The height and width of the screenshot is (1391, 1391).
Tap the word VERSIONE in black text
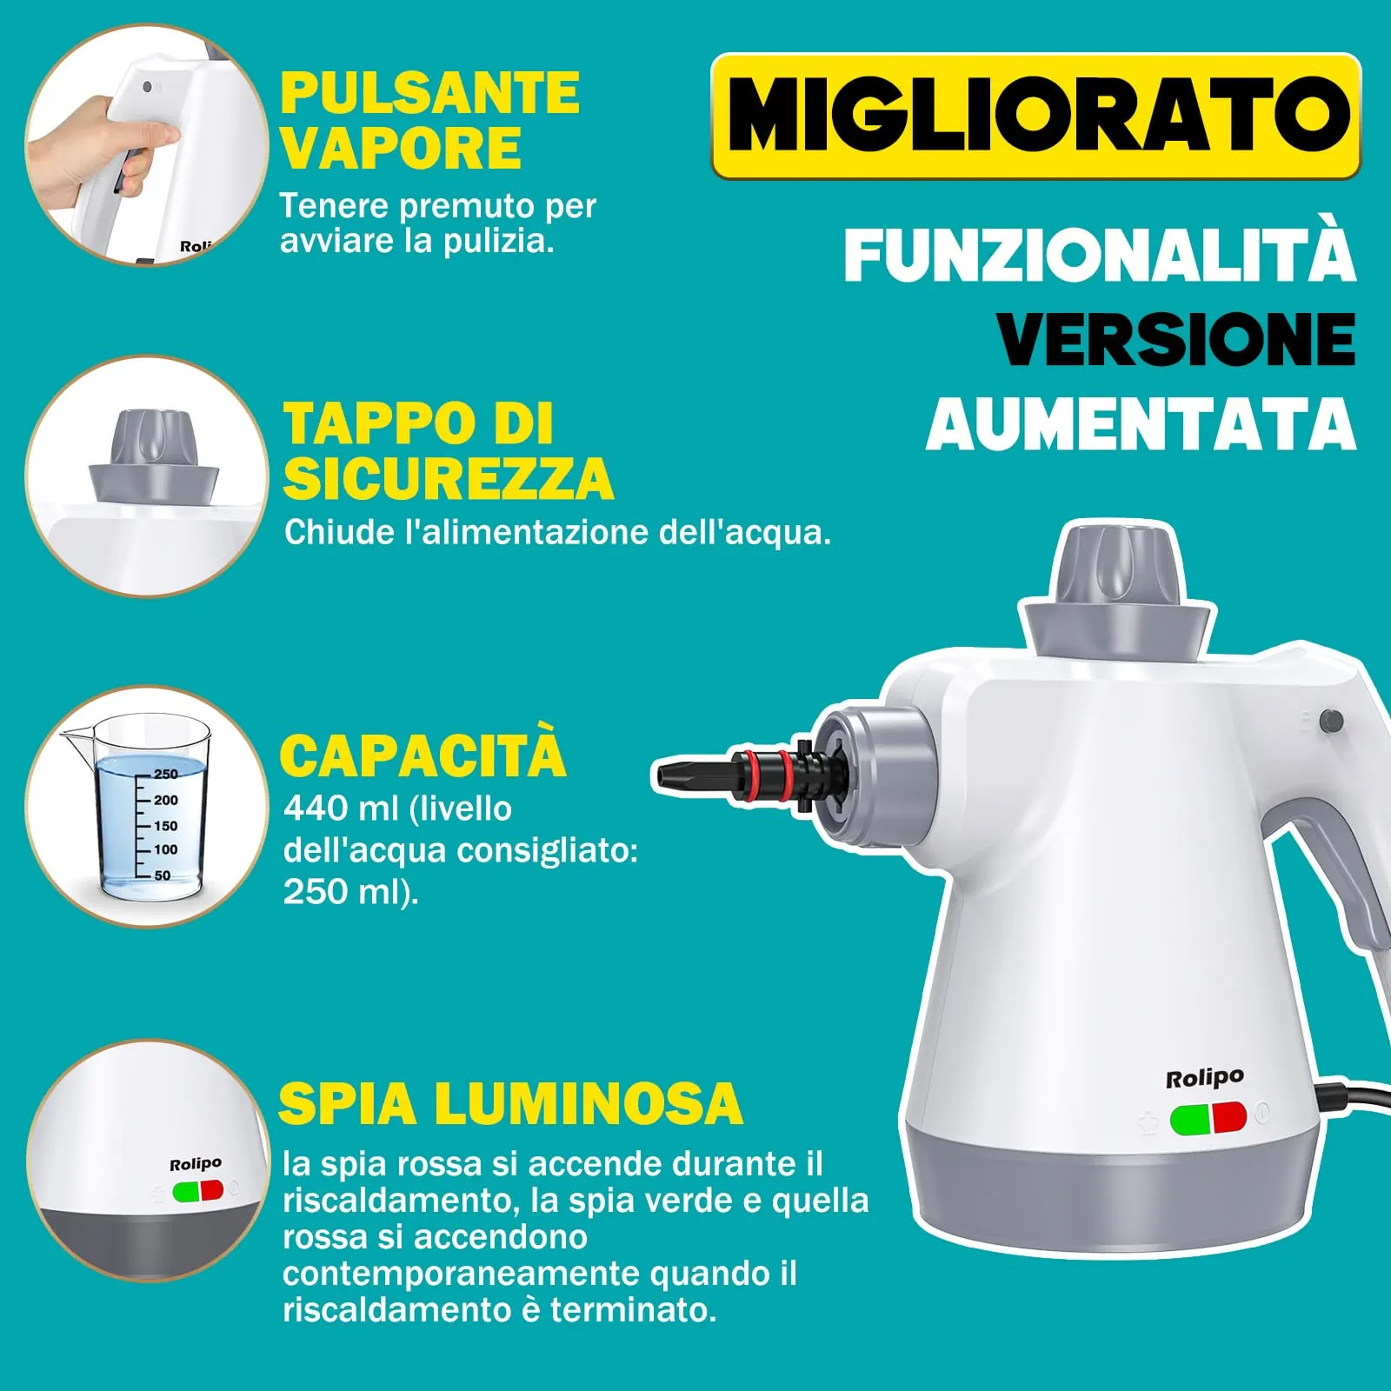coord(1175,339)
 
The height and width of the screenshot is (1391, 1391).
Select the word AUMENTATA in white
coord(1141,425)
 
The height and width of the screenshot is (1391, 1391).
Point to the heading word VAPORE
coord(401,149)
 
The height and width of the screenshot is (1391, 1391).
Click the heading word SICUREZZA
coord(449,479)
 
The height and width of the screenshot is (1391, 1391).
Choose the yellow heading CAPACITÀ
coord(423,755)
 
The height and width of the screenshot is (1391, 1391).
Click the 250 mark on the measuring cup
coord(165,774)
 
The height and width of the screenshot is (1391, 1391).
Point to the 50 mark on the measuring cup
coord(163,875)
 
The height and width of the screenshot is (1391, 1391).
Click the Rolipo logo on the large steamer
coord(1204,1079)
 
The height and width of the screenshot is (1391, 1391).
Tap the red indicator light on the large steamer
coord(1229,1118)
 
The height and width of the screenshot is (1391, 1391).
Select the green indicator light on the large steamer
coord(1190,1120)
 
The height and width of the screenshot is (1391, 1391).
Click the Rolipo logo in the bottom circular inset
coord(196,1164)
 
